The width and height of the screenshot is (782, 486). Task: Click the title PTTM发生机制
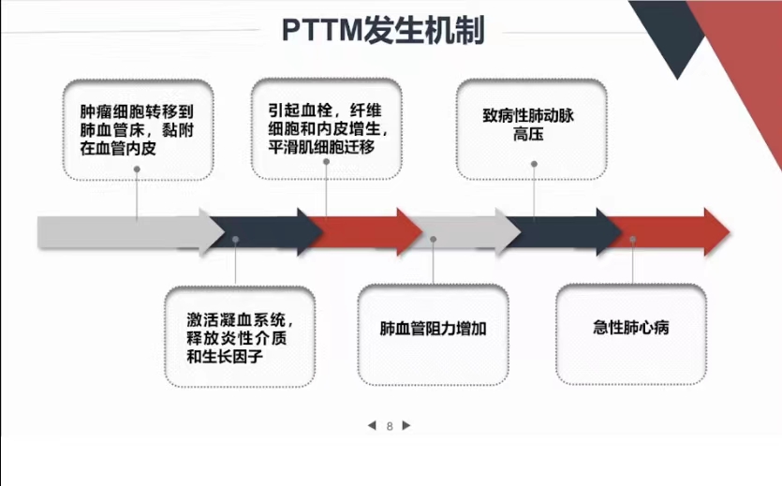pos(383,30)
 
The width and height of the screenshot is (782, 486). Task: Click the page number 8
pos(390,426)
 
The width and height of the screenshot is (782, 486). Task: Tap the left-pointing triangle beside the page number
pos(372,426)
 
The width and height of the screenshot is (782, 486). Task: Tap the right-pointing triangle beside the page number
pos(406,426)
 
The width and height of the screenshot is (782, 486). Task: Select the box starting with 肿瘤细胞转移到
pos(139,129)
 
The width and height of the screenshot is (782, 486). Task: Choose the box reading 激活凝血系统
pos(240,337)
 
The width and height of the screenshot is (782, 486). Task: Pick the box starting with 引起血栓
pos(326,128)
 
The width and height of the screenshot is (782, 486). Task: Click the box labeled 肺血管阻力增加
pos(433,335)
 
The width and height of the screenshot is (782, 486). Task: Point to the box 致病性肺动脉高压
pos(532,129)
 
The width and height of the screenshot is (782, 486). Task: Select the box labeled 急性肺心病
pos(631,334)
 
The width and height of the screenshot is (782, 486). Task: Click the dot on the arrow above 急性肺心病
pos(632,240)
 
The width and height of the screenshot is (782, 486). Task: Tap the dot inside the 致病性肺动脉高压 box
pos(534,164)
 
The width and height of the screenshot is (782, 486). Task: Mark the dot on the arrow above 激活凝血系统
pos(235,240)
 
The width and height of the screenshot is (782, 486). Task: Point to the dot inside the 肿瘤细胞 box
pos(137,169)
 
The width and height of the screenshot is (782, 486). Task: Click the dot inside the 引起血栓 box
pos(326,161)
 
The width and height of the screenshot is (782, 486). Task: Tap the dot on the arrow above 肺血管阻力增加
pos(433,240)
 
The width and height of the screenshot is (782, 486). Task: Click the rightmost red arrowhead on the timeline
pos(716,232)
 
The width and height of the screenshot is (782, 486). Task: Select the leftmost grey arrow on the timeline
pos(131,232)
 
